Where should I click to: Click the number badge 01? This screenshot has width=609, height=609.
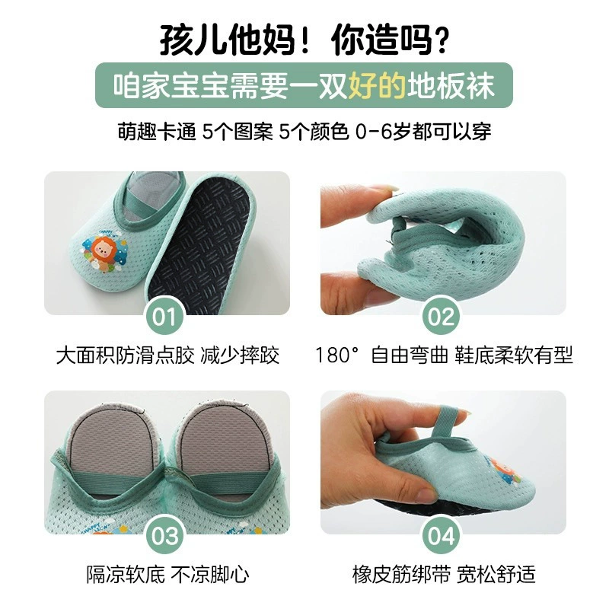[x=165, y=317]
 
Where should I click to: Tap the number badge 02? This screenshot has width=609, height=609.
[x=442, y=317]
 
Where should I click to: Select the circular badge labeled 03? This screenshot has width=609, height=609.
[x=165, y=536]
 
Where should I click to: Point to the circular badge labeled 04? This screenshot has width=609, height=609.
[x=442, y=536]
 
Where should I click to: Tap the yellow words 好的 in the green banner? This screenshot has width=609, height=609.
[x=377, y=85]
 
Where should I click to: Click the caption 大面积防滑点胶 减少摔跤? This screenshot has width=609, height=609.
[x=167, y=355]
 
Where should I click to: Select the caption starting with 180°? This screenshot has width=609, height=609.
[x=444, y=355]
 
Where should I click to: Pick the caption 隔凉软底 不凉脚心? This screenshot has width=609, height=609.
[x=167, y=574]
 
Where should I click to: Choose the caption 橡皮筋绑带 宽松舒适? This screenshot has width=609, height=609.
[x=444, y=574]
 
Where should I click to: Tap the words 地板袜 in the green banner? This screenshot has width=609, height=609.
[x=451, y=85]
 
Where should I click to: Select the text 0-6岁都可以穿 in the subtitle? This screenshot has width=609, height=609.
[x=423, y=132]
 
